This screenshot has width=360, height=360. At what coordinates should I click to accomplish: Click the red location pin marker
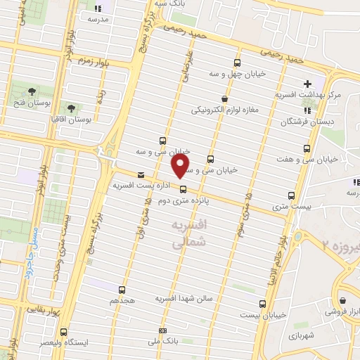180,167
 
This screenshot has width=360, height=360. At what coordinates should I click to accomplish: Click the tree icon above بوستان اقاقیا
71,108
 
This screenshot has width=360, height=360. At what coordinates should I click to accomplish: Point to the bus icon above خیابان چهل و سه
236,62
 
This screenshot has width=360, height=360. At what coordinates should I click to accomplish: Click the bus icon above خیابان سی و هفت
306,148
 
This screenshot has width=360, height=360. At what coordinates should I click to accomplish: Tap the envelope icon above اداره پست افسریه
142,175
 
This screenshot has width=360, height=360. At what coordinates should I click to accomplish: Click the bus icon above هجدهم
122,289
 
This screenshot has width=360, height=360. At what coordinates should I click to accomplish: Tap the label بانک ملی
164,342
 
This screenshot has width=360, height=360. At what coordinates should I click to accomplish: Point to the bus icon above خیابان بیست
262,304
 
